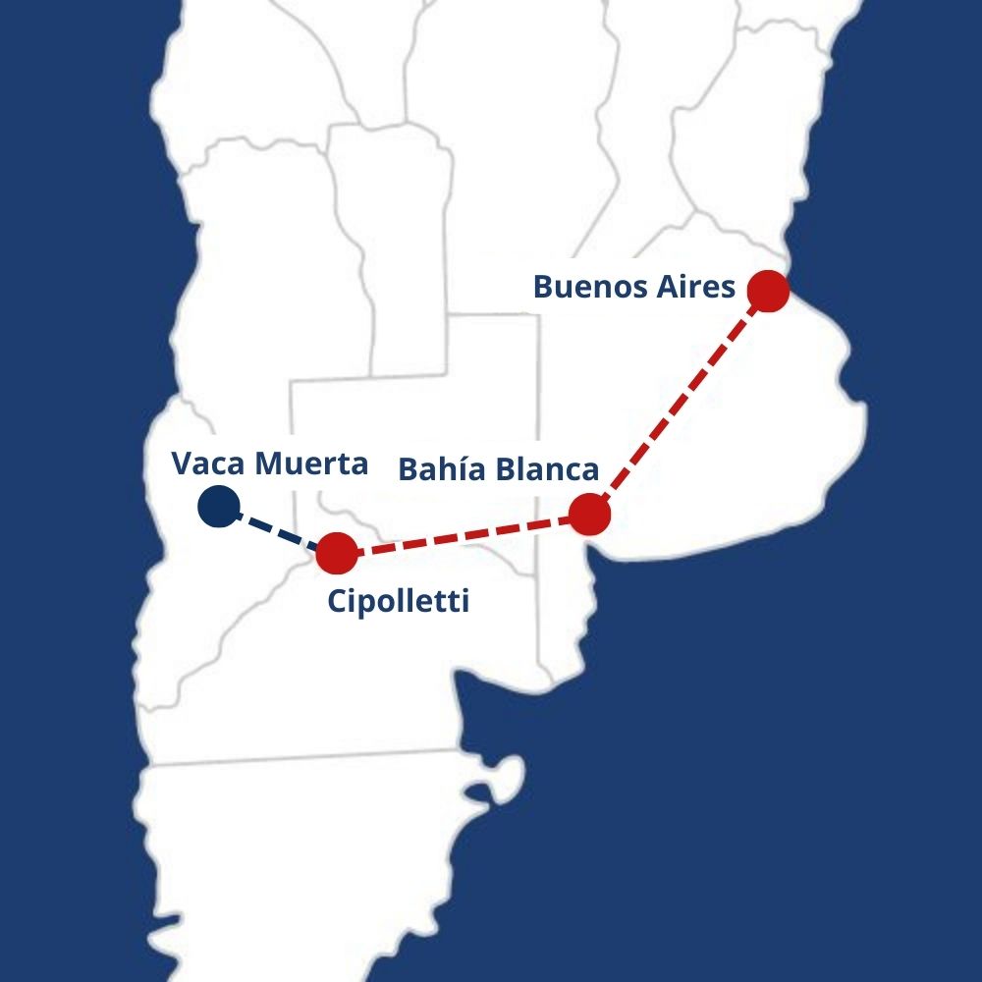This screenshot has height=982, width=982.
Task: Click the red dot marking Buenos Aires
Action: (x=768, y=291)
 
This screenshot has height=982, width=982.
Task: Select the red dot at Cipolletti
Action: (x=337, y=554)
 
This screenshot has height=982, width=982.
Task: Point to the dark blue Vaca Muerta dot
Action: (x=217, y=507)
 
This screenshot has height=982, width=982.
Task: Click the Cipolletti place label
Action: (x=398, y=601)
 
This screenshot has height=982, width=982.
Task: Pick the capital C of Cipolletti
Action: (x=336, y=601)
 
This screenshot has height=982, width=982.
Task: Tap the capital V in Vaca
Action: (x=181, y=464)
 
